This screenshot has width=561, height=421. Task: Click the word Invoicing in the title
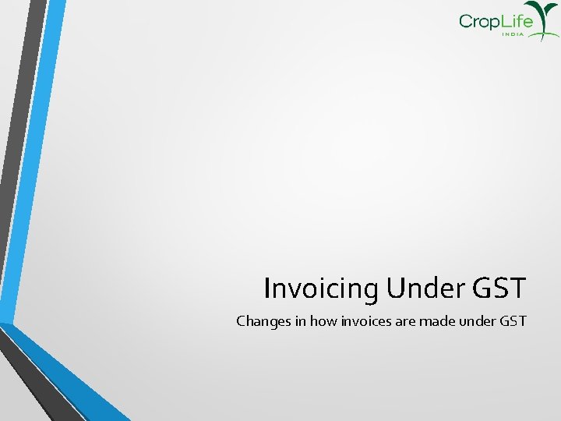coord(321,288)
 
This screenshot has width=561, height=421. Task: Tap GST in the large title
coord(499,288)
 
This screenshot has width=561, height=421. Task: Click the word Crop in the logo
coord(478,22)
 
